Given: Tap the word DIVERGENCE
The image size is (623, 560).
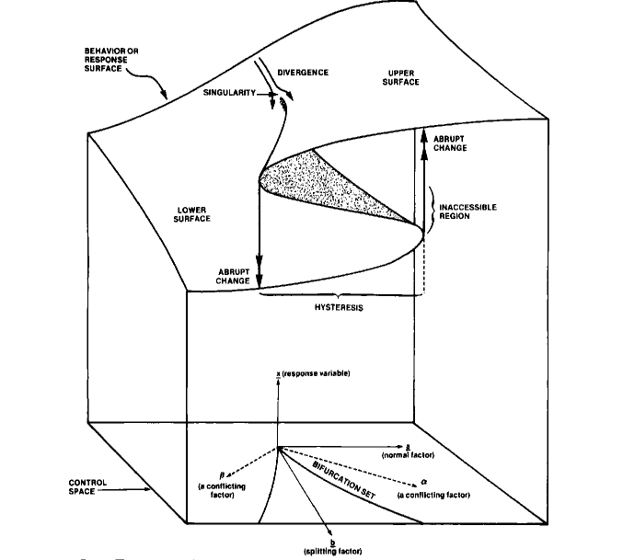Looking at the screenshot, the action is pyautogui.click(x=303, y=72).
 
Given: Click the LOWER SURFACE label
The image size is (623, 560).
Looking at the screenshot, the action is pyautogui.click(x=194, y=214).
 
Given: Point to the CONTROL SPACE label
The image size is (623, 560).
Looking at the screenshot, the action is pyautogui.click(x=88, y=486).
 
